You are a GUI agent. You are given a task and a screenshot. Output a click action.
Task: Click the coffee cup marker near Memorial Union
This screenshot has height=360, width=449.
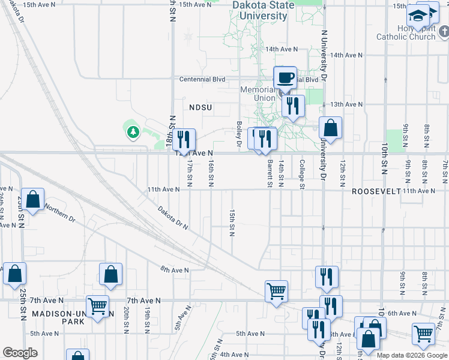[x=285, y=77]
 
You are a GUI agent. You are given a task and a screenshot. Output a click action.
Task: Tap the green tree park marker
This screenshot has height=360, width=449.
[x=132, y=131]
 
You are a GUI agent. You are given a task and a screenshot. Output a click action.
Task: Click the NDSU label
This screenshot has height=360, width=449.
[x=202, y=107]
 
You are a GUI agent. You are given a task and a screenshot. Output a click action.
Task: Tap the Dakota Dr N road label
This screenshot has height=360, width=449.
[x=173, y=218]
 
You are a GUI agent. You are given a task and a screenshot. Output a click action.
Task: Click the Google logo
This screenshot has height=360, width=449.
[x=20, y=353]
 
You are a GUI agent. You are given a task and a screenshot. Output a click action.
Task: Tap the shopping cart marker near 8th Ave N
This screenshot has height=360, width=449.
[x=276, y=292]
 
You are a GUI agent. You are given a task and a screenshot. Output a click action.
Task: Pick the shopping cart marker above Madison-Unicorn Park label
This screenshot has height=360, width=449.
[x=97, y=306]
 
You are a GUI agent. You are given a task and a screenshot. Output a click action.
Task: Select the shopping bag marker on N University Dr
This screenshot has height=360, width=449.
[x=330, y=128]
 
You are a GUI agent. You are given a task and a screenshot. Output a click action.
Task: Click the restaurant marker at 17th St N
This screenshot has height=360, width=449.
[x=184, y=140]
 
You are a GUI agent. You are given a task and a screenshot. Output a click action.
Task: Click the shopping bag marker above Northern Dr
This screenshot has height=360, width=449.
[x=34, y=200]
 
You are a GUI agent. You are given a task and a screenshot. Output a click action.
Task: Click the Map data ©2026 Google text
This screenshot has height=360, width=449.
[x=411, y=355]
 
